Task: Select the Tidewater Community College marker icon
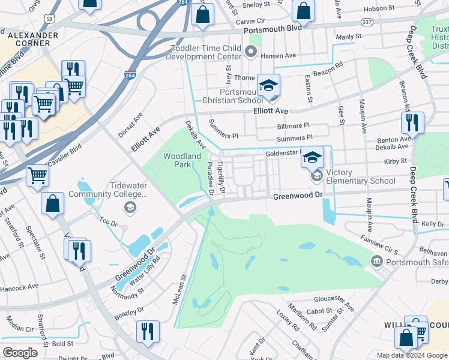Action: click(128, 208)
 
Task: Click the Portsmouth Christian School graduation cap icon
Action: click(269, 85)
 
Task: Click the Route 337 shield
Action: click(366, 22)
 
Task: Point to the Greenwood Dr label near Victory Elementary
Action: click(298, 196)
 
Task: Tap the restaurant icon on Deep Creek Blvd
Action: click(412, 124)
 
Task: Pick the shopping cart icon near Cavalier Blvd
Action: click(37, 176)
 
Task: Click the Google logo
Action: click(20, 353)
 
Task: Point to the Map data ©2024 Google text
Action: click(411, 355)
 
